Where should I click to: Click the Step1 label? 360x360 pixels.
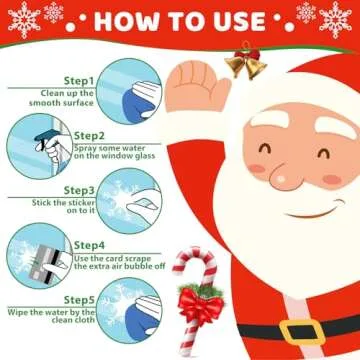[x=79, y=80]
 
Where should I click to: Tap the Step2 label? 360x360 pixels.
[x=89, y=135]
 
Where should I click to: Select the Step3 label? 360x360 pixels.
[x=79, y=189]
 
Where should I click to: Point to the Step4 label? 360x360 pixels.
[x=89, y=245]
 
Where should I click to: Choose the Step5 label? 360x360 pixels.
[x=79, y=299]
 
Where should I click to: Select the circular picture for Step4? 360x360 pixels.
[x=34, y=256]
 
